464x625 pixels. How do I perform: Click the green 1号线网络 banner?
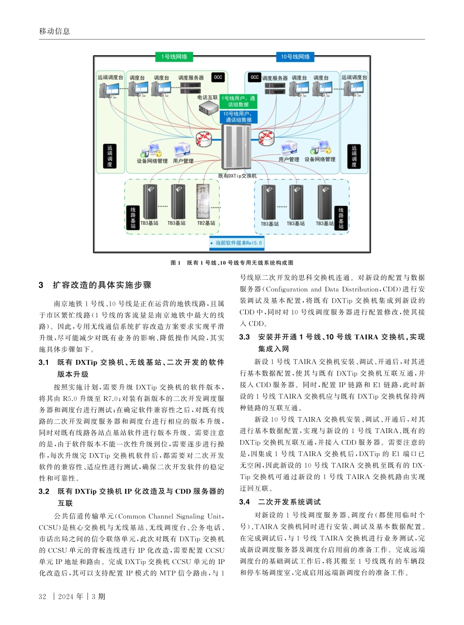(x=173, y=57)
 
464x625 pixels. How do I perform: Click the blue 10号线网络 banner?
(x=295, y=57)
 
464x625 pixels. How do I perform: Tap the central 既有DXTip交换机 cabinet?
(x=236, y=146)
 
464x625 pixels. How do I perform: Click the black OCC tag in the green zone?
(x=218, y=77)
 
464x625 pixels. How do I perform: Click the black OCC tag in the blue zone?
(x=254, y=77)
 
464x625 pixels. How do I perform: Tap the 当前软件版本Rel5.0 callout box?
(x=236, y=242)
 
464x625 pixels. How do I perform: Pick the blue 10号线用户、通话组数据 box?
(x=238, y=116)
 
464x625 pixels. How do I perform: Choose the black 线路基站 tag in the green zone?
(x=132, y=218)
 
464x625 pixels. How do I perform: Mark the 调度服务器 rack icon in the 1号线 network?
(x=191, y=88)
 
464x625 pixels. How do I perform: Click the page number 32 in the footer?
(x=42, y=596)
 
